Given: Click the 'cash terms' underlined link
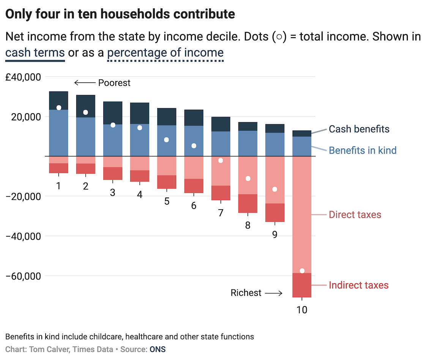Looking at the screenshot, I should pos(35,52).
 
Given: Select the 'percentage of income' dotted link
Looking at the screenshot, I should pos(166,52).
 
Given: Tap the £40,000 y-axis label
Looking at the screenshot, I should pos(23,77).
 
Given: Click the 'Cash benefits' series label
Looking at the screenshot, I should pos(359,129).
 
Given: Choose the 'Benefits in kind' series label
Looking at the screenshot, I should pos(362,150).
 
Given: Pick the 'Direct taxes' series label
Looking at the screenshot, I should pos(355,215).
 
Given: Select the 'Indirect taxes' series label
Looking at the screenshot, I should pos(358,285).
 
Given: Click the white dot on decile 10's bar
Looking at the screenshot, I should pos(302,271).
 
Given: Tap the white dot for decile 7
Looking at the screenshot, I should pos(221,161).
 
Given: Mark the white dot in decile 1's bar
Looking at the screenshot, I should pos(58,108).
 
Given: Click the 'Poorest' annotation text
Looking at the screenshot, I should pos(114,83).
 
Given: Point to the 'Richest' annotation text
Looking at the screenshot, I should pos(246,293).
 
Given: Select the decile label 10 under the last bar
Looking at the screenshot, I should pos(302,310).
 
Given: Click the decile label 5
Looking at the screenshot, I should pos(167,201).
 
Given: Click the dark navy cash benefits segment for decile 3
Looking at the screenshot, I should pos(113,113).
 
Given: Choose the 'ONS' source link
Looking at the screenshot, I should pos(158,349).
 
